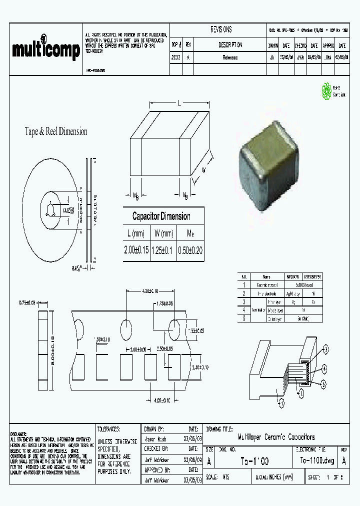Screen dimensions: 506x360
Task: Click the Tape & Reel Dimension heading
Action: [56, 131]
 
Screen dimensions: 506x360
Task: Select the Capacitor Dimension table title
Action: [161, 216]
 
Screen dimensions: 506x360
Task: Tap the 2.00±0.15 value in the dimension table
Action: [136, 250]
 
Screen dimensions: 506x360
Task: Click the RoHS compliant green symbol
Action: [325, 91]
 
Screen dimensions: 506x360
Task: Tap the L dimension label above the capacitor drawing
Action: [179, 103]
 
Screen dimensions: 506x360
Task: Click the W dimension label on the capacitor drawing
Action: [204, 170]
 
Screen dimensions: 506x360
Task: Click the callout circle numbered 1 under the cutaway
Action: [281, 401]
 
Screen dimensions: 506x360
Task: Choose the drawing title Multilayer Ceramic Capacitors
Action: [268, 436]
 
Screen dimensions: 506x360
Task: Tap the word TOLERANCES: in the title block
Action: [108, 429]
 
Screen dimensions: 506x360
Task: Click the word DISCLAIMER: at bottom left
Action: [20, 433]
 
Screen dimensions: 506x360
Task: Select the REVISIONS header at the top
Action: [220, 29]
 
